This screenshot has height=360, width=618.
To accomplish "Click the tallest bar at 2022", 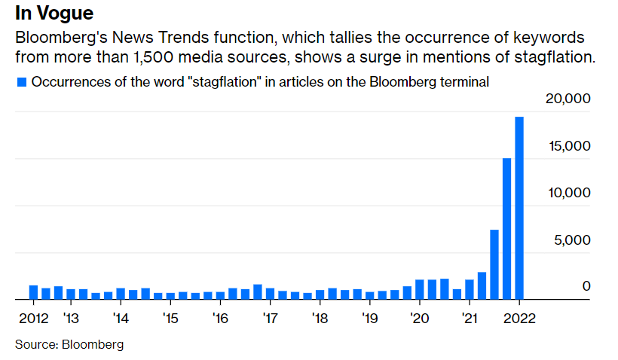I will point(519,207).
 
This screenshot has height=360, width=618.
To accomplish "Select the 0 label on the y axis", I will point(586,287).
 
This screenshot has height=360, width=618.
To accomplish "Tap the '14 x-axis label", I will point(120,317).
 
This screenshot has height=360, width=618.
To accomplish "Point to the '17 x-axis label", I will point(270,317).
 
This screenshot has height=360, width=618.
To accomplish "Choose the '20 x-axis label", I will point(419,317).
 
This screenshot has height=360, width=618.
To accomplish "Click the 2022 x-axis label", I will point(519,317).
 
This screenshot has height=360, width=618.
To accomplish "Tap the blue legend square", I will point(22,81).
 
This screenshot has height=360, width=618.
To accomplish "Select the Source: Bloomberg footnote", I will point(69,345).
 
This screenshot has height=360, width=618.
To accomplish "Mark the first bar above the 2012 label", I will point(33,292).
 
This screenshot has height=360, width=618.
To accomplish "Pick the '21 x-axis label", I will point(469,317).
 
